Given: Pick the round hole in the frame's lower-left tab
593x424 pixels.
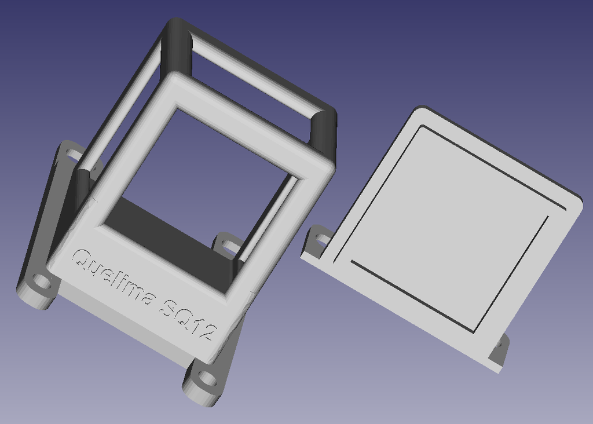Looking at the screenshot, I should click(x=41, y=284).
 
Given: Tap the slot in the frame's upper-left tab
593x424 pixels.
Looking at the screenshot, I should click(x=72, y=155).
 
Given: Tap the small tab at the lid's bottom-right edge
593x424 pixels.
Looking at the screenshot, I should click(x=499, y=350).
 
